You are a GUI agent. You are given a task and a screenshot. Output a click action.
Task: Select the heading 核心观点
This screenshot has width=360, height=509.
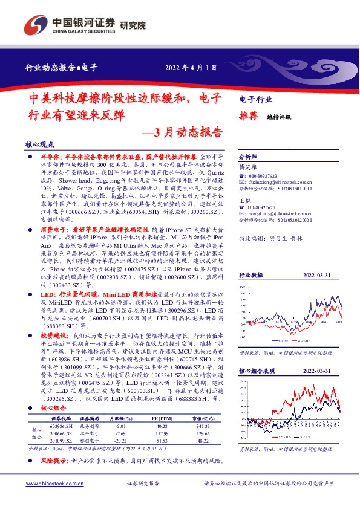click(x=39, y=146)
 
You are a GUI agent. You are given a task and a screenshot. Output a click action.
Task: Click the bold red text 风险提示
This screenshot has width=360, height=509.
click(x=53, y=461)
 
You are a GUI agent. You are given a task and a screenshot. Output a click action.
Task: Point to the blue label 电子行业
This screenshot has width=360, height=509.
click(x=256, y=99)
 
